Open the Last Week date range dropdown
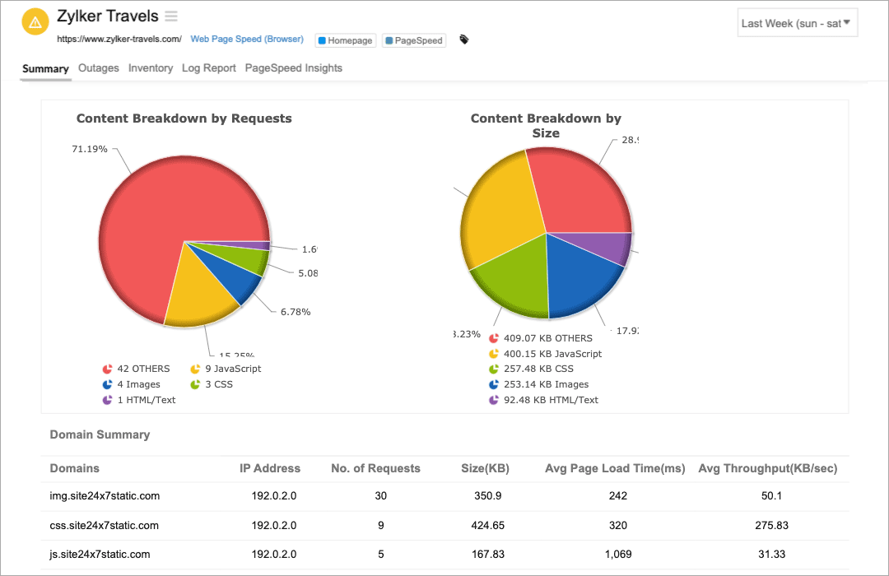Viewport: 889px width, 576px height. (797, 23)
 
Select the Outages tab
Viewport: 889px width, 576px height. (99, 68)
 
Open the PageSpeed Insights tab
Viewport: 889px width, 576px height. (294, 68)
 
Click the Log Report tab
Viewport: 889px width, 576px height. (209, 68)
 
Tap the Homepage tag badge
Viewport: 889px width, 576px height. (345, 40)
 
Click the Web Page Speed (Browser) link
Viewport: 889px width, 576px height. (247, 39)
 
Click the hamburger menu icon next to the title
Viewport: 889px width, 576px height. (171, 16)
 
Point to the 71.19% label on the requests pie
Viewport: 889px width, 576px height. (90, 149)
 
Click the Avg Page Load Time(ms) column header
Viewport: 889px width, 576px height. (615, 468)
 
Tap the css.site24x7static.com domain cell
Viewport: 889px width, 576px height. (105, 525)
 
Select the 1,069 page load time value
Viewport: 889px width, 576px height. (618, 554)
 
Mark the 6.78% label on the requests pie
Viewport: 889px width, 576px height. (296, 312)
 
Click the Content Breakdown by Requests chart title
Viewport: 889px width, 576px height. (184, 118)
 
